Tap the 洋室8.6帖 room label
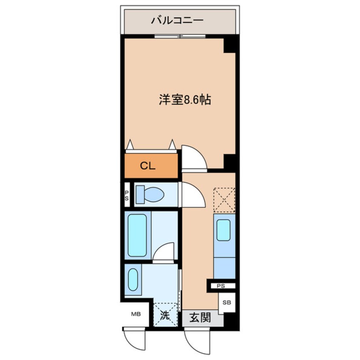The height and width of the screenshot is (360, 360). pyautogui.click(x=186, y=100)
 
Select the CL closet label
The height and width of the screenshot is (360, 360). pyautogui.click(x=148, y=166)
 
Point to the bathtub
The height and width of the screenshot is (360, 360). pyautogui.click(x=137, y=235)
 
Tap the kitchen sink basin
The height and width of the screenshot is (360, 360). pyautogui.click(x=224, y=230)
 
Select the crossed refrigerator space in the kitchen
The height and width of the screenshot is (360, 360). pyautogui.click(x=224, y=200)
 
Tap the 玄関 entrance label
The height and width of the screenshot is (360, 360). pyautogui.click(x=200, y=317)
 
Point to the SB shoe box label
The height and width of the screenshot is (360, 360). pyautogui.click(x=227, y=303)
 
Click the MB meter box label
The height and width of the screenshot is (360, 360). pyautogui.click(x=135, y=314)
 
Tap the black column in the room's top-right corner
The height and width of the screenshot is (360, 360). pyautogui.click(x=229, y=44)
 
